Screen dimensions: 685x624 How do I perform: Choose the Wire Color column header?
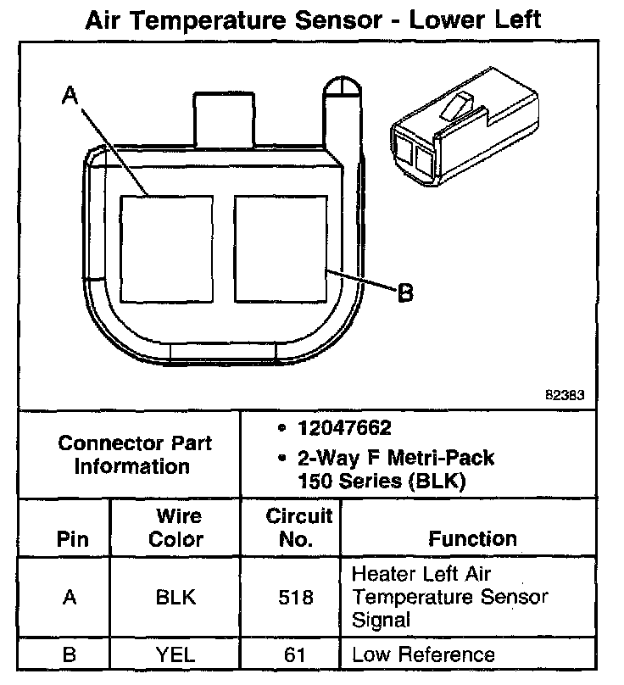click(x=175, y=527)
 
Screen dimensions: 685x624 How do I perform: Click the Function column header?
click(x=472, y=538)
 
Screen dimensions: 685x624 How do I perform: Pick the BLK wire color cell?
click(x=175, y=597)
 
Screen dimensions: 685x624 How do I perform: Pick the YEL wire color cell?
click(x=175, y=654)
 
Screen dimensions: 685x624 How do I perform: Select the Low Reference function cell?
click(x=423, y=654)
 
